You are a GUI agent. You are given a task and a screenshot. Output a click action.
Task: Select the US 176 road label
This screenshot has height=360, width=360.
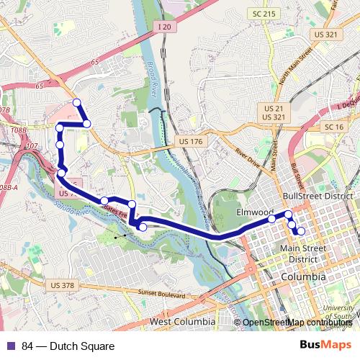point(189,142)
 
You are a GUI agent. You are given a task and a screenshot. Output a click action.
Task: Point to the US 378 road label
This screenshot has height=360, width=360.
point(63,286)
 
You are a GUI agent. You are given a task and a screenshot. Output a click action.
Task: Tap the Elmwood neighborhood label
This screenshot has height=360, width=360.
point(256,213)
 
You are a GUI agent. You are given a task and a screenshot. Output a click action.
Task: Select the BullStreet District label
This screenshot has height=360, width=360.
point(318,196)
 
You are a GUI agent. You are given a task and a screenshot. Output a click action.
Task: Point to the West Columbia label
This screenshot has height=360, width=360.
point(182,321)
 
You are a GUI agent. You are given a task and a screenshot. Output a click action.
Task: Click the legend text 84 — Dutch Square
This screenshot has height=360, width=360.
point(68,346)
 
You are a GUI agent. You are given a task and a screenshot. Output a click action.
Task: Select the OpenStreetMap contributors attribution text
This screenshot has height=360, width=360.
point(297,323)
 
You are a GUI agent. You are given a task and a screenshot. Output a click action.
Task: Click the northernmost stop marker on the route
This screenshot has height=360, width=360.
point(77,103)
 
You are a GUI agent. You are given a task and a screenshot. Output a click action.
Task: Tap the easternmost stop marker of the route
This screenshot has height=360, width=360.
point(300,231)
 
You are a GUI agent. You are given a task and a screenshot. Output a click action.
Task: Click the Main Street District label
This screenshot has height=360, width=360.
point(303,253)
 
